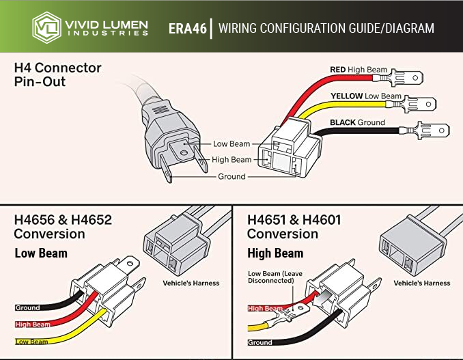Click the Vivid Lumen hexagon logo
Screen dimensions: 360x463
(x=46, y=27)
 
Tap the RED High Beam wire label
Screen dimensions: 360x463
(x=359, y=70)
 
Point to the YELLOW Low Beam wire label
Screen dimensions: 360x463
(x=365, y=96)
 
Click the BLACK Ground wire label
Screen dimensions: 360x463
(x=357, y=123)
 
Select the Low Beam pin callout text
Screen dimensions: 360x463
(x=231, y=144)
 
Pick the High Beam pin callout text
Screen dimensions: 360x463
(x=231, y=160)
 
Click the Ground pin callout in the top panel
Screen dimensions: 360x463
(x=231, y=176)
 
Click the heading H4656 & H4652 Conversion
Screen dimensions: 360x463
(x=63, y=227)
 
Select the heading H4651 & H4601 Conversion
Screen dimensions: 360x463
(x=294, y=227)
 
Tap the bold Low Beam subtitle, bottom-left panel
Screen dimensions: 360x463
(x=41, y=253)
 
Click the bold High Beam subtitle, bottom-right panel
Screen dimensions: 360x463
(x=275, y=253)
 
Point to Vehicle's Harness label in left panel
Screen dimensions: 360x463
(x=191, y=283)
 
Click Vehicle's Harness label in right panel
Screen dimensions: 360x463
(x=422, y=283)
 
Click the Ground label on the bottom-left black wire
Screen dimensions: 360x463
(x=27, y=308)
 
